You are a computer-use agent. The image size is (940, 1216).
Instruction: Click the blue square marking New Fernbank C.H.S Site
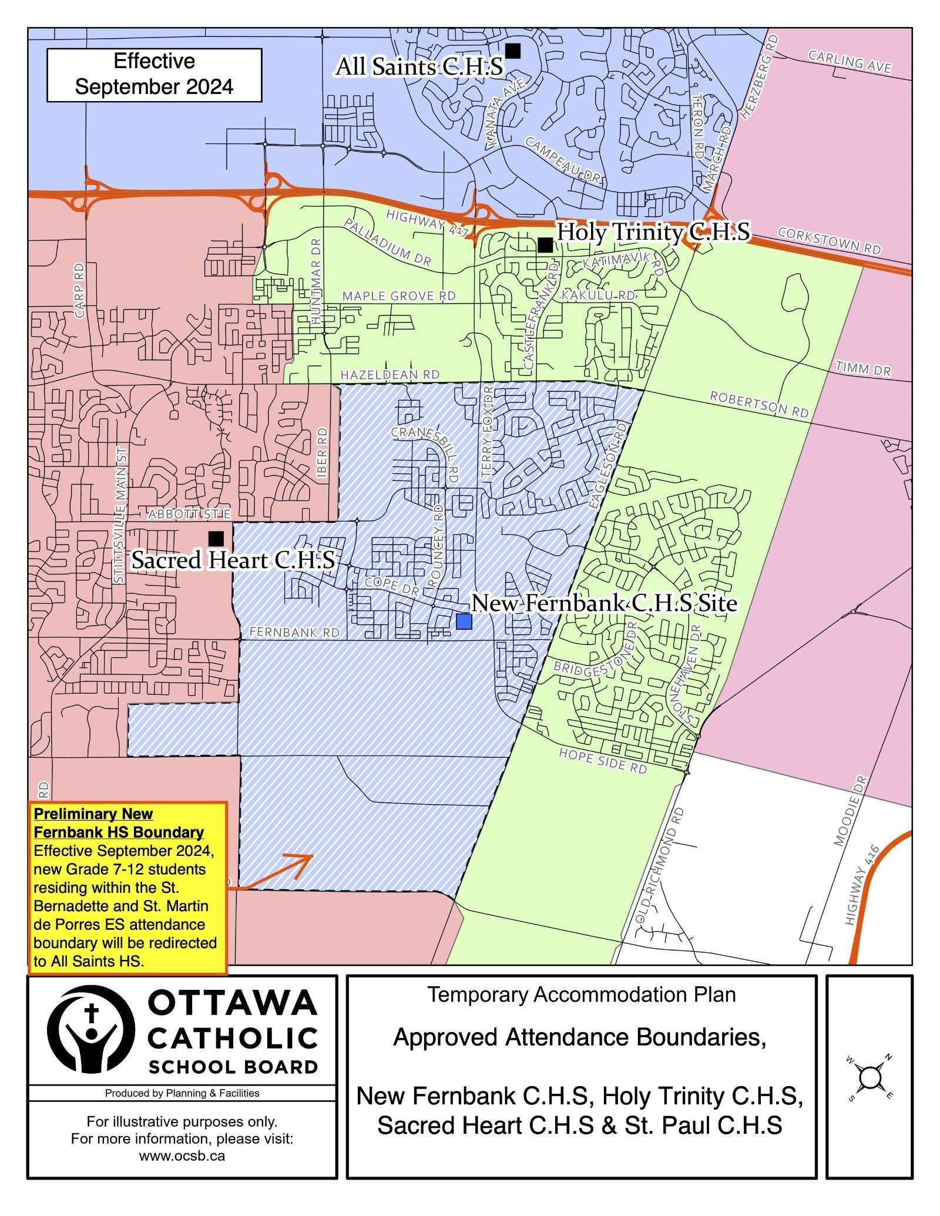pyautogui.click(x=464, y=622)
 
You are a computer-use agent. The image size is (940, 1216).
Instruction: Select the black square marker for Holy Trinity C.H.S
pyautogui.click(x=545, y=244)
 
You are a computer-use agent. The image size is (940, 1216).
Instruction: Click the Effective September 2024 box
pyautogui.click(x=154, y=75)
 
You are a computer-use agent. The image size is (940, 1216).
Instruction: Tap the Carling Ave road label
pyautogui.click(x=850, y=62)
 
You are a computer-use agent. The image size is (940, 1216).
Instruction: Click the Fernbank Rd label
pyautogui.click(x=294, y=632)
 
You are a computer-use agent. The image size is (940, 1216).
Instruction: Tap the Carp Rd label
pyautogui.click(x=80, y=290)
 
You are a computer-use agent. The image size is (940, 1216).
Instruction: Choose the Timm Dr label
pyautogui.click(x=863, y=369)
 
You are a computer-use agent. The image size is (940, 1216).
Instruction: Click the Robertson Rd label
pyautogui.click(x=759, y=404)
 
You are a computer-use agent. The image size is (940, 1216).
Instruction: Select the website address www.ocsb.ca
pyautogui.click(x=182, y=1155)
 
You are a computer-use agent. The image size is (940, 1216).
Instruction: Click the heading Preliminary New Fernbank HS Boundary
pyautogui.click(x=119, y=823)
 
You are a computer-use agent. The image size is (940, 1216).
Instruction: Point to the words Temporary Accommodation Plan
pyautogui.click(x=581, y=995)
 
